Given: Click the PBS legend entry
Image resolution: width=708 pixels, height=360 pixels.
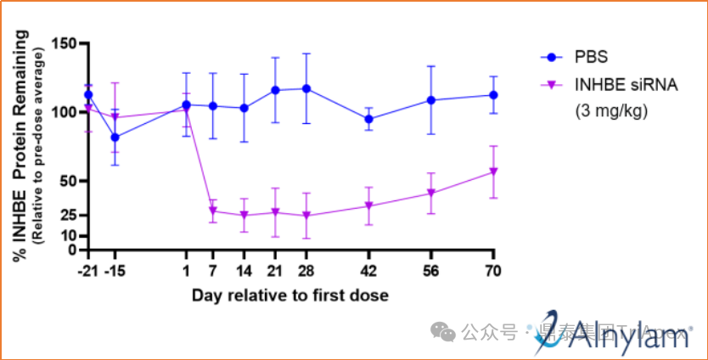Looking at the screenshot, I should (x=591, y=58).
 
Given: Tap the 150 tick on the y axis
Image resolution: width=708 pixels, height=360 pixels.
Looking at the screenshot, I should (x=66, y=43).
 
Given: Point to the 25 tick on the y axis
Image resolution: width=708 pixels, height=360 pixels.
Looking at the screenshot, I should (x=70, y=216).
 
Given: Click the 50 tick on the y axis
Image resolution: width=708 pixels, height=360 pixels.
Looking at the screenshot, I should (x=70, y=181).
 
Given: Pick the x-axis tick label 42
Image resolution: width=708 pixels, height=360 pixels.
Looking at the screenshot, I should (x=368, y=271).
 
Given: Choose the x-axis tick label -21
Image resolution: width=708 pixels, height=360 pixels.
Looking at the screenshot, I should (x=87, y=271).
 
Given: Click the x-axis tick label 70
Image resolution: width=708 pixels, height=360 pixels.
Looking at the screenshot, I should (x=493, y=271).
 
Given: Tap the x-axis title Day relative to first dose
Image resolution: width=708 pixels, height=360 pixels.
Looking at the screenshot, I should (x=289, y=295).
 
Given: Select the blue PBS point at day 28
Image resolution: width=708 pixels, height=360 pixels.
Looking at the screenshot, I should (x=306, y=88).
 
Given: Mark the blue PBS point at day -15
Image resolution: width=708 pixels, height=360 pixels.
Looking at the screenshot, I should (x=115, y=137).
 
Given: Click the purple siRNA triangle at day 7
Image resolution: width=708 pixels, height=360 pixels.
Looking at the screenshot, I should (x=213, y=211).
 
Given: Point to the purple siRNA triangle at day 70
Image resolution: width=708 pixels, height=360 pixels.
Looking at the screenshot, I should (x=493, y=172).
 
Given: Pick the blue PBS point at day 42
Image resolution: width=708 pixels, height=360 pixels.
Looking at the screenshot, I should (x=368, y=119).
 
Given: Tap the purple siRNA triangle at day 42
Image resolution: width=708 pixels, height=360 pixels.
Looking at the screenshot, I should (x=368, y=206).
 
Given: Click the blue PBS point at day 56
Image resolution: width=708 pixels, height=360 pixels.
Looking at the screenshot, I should (x=431, y=100).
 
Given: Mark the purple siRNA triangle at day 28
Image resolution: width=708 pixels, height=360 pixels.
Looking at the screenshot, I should (x=306, y=216).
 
